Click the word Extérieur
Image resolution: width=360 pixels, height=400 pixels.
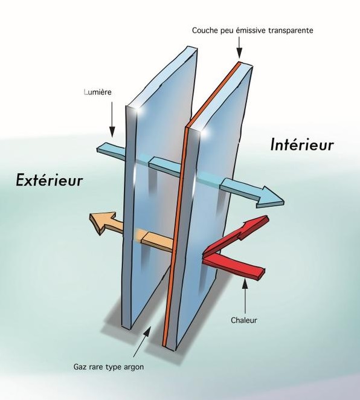click(49, 180)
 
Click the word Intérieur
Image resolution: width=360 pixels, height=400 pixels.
click(302, 144)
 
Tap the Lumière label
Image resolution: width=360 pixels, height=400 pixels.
click(98, 92)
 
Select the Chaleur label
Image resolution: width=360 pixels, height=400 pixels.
click(244, 320)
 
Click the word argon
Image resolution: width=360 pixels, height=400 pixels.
click(133, 367)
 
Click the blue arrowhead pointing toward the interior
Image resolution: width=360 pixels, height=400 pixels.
click(271, 197)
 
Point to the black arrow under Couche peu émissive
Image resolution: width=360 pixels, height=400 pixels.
click(239, 48)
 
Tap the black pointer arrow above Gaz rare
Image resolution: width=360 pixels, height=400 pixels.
click(141, 343)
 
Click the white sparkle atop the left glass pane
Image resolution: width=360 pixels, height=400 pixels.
click(138, 110)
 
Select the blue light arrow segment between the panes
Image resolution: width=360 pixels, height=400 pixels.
click(166, 166)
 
